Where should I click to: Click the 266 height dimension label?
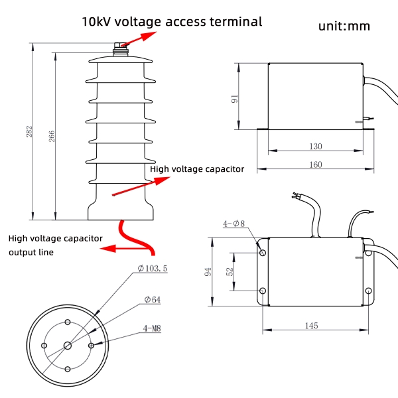(52, 136)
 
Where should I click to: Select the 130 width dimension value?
(314, 146)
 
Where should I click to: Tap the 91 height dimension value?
(234, 99)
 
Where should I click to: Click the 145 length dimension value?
(311, 325)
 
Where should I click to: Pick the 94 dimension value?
(208, 272)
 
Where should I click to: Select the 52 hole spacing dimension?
(230, 271)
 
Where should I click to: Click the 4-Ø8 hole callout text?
(234, 224)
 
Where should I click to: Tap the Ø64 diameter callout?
(152, 300)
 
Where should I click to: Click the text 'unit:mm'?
(344, 27)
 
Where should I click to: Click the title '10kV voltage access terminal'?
(172, 21)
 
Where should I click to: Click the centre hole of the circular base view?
(68, 345)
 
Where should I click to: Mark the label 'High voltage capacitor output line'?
(55, 245)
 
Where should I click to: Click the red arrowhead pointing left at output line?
(105, 249)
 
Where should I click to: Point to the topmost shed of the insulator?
(120, 60)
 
